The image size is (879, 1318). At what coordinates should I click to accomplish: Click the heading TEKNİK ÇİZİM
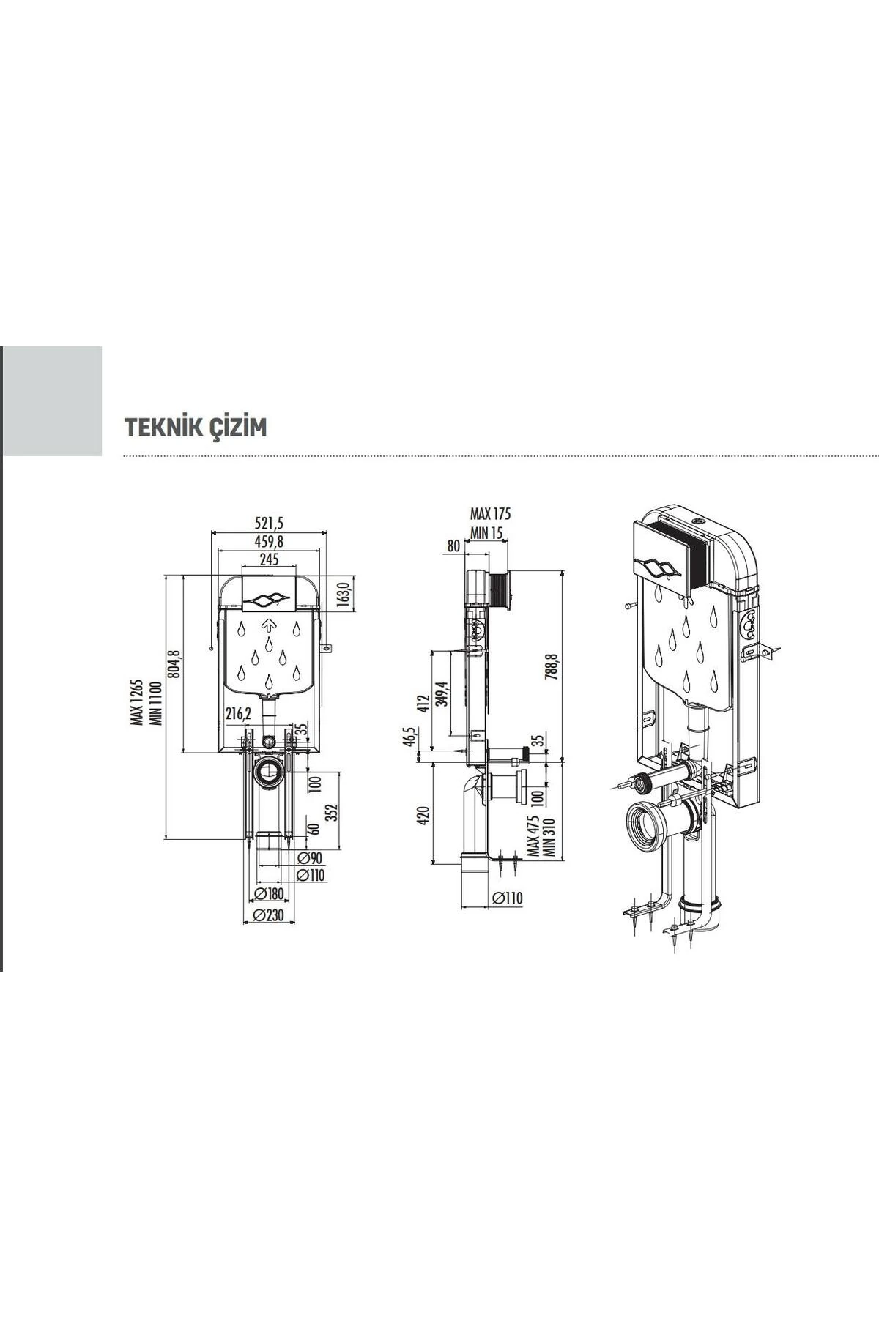click(196, 428)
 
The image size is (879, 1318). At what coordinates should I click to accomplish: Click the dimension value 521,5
click(268, 523)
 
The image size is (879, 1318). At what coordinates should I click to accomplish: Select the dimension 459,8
click(268, 541)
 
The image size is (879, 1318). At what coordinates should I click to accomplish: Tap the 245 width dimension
click(268, 559)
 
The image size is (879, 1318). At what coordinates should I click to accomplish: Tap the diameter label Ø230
click(267, 915)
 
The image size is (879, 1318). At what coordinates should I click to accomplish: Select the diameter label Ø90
click(311, 857)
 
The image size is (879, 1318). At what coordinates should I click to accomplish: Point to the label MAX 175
click(490, 514)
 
